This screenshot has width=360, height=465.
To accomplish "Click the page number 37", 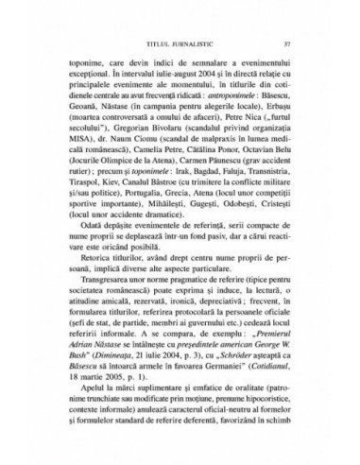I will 298,39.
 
